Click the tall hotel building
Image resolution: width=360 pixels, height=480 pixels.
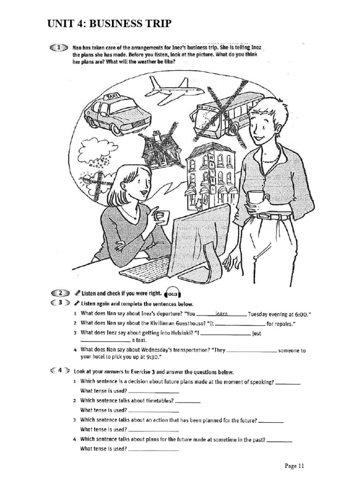tap(208, 176)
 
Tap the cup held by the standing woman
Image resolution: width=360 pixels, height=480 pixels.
tap(255, 197)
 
